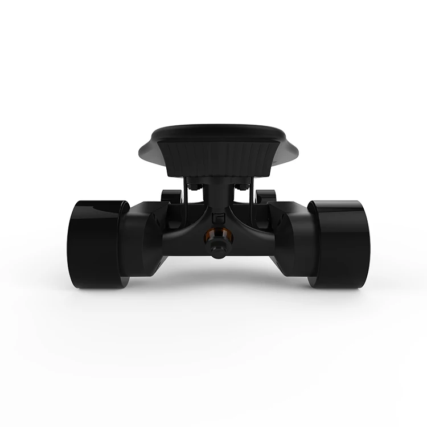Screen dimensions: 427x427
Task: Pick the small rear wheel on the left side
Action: pos(168,196)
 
